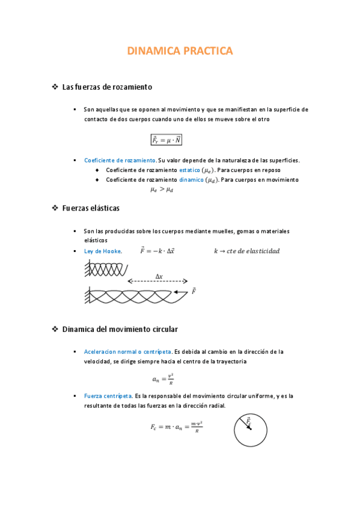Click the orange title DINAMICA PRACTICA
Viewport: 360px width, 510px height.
pyautogui.click(x=180, y=52)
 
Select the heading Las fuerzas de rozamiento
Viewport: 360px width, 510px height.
pyautogui.click(x=107, y=87)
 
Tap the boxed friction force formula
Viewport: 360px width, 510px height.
pyautogui.click(x=166, y=140)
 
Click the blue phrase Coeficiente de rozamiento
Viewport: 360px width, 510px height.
pyautogui.click(x=120, y=161)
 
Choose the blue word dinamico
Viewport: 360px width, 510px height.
pyautogui.click(x=191, y=180)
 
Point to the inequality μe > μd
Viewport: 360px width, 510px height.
pyautogui.click(x=162, y=190)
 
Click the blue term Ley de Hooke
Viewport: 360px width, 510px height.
pyautogui.click(x=103, y=251)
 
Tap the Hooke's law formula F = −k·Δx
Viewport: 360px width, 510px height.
pyautogui.click(x=157, y=251)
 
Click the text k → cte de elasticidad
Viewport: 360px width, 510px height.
pyautogui.click(x=246, y=251)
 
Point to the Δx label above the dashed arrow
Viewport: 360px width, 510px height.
pyautogui.click(x=159, y=276)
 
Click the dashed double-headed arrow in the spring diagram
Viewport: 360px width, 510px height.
pyautogui.click(x=157, y=281)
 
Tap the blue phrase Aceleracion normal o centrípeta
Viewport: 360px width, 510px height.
pyautogui.click(x=127, y=351)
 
